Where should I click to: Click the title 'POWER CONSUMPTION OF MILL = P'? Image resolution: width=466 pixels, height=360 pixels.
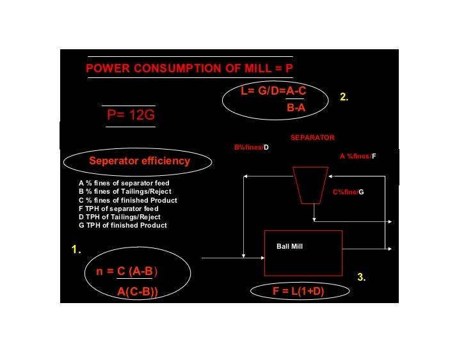189,68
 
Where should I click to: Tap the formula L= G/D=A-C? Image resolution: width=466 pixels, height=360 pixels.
273,91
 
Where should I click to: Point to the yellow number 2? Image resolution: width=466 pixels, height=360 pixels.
344,97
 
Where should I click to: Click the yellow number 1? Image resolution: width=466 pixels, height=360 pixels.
76,250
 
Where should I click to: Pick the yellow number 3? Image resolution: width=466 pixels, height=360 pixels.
362,277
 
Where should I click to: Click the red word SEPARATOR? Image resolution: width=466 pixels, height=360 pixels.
312,137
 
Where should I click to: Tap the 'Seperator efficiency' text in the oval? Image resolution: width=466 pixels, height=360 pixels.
140,161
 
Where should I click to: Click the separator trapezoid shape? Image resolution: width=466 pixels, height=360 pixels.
310,184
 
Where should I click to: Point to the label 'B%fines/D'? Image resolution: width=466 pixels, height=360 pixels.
251,148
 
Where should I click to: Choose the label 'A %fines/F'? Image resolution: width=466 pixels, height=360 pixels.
357,156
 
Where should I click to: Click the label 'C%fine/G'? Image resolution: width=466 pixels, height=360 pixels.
348,192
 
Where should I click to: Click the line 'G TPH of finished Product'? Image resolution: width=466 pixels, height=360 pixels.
122,225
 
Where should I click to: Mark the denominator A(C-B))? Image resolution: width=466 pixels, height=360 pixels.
138,292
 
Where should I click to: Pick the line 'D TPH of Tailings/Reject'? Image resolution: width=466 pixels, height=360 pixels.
119,217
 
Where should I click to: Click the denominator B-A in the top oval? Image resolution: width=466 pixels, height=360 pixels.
296,109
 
